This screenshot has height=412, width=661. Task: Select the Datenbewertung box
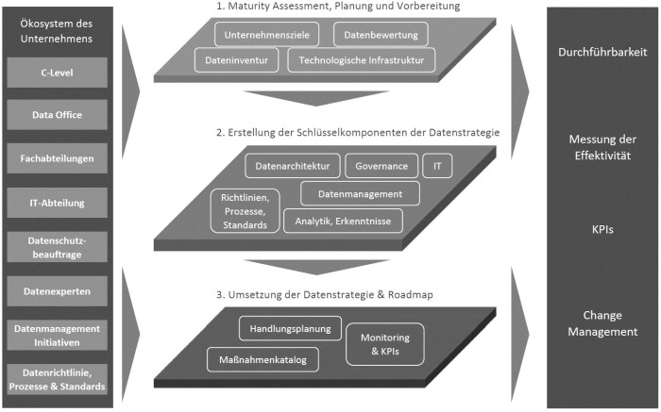pos(381,35)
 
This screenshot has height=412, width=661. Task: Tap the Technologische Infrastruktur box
pos(362,60)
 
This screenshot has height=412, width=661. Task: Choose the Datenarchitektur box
pos(293,166)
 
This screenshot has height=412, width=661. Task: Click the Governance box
pos(381,166)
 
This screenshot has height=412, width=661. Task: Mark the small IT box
pos(436,166)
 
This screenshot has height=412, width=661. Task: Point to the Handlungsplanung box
pos(290,329)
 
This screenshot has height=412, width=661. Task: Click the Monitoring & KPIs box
pos(385,340)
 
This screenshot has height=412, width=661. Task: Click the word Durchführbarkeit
pos(602,53)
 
